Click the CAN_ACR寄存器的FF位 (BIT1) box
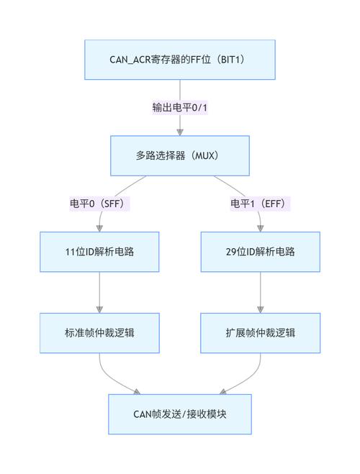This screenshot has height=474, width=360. coord(179,60)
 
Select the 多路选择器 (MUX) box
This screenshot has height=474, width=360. coord(179,155)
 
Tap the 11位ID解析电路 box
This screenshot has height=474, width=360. coord(99,252)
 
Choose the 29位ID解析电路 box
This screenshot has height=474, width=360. coord(260,252)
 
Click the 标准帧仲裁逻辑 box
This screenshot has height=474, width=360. coord(99,333)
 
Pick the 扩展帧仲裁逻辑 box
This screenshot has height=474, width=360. coord(260,333)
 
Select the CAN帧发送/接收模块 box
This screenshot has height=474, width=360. coord(179,414)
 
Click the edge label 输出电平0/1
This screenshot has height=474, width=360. coord(179,108)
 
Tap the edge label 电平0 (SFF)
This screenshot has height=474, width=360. coord(99,204)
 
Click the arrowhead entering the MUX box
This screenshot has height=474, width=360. coord(179,132)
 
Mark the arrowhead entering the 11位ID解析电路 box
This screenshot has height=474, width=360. coord(99,228)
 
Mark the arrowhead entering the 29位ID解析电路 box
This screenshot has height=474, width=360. coord(260,228)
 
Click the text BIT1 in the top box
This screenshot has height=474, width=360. coord(233,60)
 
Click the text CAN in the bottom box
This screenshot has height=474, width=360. coord(141,414)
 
